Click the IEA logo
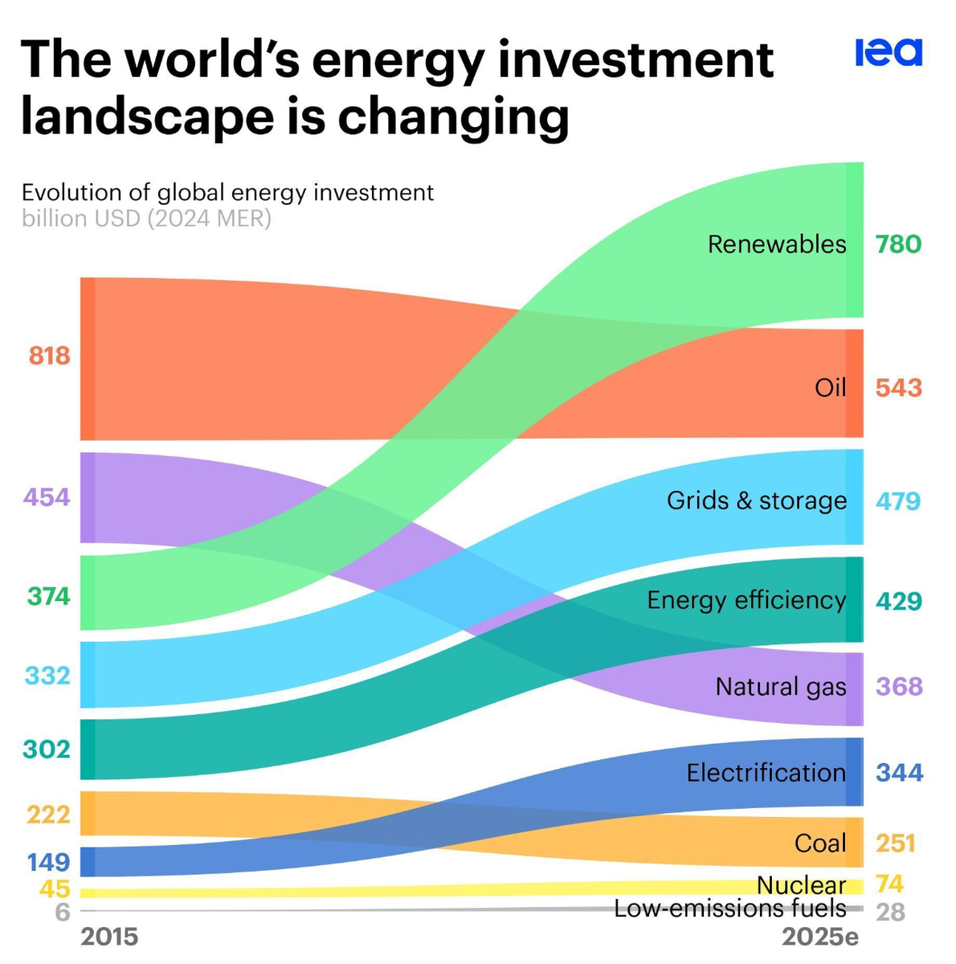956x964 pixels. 889,52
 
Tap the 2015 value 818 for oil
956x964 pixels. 50,355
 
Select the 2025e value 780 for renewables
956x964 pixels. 898,243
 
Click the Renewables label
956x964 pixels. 777,243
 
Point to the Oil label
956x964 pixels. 830,387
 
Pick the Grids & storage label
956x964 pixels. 757,500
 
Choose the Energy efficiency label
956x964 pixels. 746,600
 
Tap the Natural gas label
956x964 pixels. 781,687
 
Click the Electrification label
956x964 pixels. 766,773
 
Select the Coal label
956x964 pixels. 820,843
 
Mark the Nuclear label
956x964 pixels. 801,884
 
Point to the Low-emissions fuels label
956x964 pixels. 729,909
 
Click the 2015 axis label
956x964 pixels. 110,937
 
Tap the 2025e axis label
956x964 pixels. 820,937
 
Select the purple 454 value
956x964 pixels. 47,497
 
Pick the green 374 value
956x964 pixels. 49,596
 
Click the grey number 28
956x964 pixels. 890,913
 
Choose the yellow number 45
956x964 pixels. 55,889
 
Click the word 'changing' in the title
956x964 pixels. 453,117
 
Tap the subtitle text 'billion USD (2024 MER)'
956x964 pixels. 146,219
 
